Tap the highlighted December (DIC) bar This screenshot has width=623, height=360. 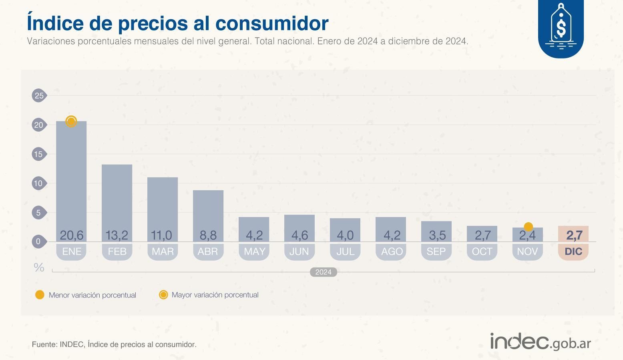[573, 234]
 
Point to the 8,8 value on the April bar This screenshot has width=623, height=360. [208, 235]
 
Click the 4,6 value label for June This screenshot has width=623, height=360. [299, 235]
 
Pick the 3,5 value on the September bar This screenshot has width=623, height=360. [436, 235]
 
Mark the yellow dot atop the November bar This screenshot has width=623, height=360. [528, 227]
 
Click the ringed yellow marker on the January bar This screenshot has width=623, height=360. [71, 121]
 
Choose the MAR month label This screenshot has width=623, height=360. [163, 251]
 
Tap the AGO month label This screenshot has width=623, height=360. [391, 251]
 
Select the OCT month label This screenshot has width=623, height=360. [482, 251]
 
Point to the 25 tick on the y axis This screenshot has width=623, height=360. [39, 95]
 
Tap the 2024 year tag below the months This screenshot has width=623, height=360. [323, 272]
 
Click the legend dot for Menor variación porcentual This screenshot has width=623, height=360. [40, 295]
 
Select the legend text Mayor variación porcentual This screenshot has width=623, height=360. [215, 295]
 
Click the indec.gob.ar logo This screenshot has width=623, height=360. [541, 342]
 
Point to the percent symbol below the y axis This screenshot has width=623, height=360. [39, 267]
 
